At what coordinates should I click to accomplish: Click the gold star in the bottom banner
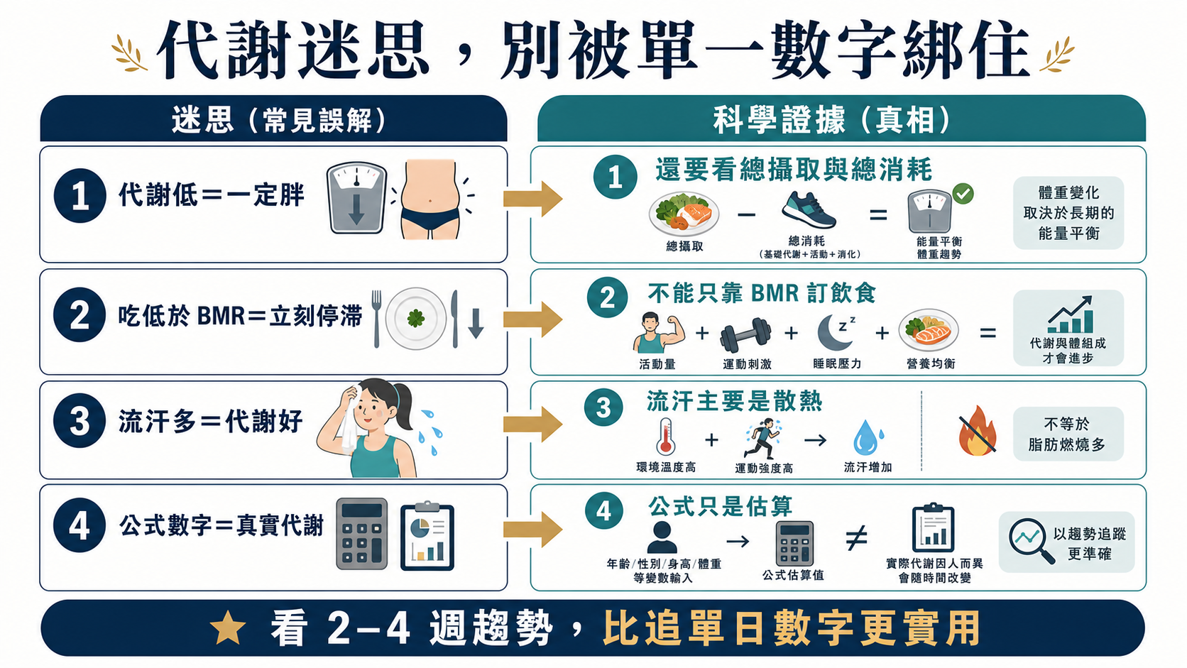pos(229,628)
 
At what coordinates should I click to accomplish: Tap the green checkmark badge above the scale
pos(963,193)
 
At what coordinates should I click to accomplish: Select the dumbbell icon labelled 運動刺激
pos(745,335)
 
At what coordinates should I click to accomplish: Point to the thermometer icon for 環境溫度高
pos(666,437)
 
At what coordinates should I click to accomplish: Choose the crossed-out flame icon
pos(978,431)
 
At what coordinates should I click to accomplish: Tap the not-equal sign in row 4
pos(855,538)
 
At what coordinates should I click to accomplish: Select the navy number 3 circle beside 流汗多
pos(80,421)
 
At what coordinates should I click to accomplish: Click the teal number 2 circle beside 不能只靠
pos(607,297)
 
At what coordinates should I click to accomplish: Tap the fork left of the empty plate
pos(377,318)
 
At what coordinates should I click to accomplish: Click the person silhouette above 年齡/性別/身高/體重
pos(662,537)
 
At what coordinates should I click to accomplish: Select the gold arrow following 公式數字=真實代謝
pos(532,529)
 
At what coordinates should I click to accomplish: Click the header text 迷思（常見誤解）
pos(279,120)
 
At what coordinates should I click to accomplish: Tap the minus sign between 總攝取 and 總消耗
pos(746,215)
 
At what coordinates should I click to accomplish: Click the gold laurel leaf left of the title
pos(128,53)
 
